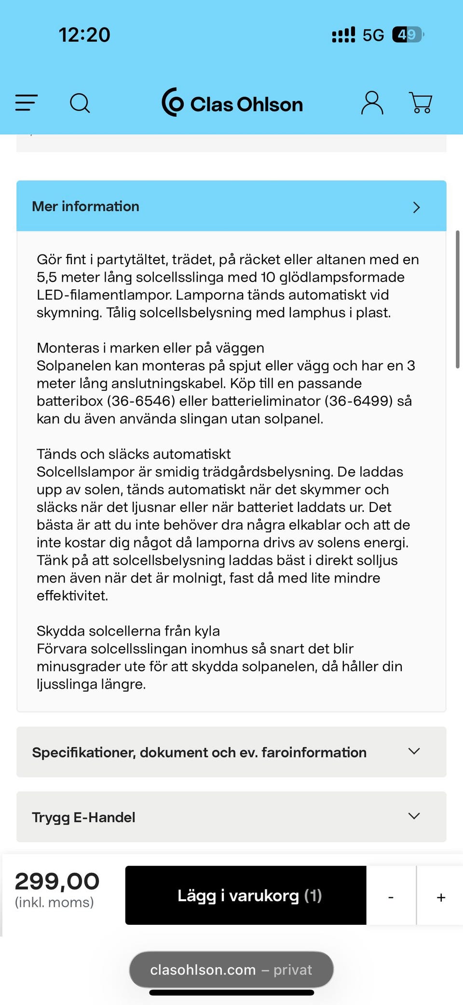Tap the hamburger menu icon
[x=26, y=103]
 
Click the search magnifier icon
[x=80, y=103]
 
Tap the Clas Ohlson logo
[x=232, y=103]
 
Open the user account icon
[x=372, y=103]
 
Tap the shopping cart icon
[x=421, y=103]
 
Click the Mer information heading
[x=85, y=207]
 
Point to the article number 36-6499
[x=358, y=401]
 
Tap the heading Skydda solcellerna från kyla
[x=128, y=631]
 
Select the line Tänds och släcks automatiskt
[x=134, y=454]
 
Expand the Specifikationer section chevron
[x=414, y=751]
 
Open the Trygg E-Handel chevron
[x=414, y=816]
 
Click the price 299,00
[x=57, y=881]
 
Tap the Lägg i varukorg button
[x=245, y=895]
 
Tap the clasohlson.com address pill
[x=231, y=970]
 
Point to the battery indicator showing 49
[x=407, y=35]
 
